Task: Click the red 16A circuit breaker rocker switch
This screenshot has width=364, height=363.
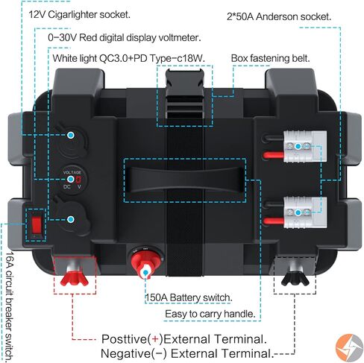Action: (x=37, y=224)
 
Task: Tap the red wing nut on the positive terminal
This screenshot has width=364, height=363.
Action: (x=75, y=280)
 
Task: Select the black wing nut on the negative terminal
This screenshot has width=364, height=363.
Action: (x=295, y=279)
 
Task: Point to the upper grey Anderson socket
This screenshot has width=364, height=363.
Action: (x=305, y=146)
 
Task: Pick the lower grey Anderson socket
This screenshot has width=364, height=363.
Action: (x=305, y=212)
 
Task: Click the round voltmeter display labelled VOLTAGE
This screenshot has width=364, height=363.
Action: (x=72, y=179)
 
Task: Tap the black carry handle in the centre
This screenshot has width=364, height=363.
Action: (x=185, y=180)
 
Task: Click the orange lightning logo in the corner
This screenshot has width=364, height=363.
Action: (x=349, y=347)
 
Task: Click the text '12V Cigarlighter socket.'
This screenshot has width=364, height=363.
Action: (x=80, y=15)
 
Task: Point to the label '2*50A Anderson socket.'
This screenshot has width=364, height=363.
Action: (x=279, y=17)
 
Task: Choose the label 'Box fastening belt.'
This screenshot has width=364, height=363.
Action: (x=271, y=58)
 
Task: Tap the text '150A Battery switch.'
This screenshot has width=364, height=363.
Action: (x=189, y=297)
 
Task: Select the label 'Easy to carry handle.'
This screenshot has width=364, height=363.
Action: (x=210, y=314)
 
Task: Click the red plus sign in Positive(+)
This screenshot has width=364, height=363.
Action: (x=155, y=339)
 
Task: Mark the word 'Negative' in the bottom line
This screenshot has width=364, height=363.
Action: (x=125, y=353)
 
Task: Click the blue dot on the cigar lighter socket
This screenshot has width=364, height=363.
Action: (x=71, y=136)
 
